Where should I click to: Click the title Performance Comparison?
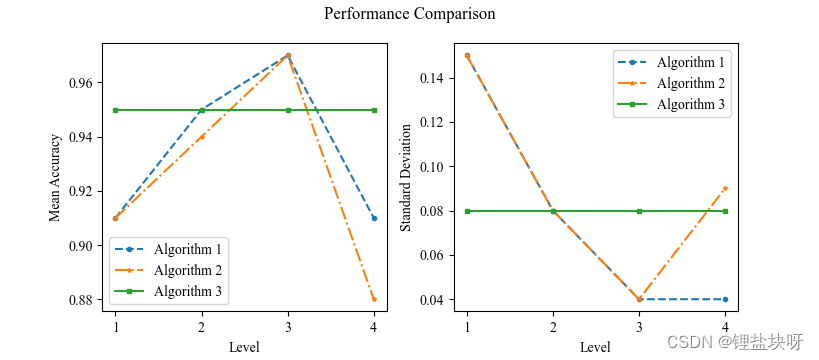409,15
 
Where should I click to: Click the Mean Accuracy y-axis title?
55,177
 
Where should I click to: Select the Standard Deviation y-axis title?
406,177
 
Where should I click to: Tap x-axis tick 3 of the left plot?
288,327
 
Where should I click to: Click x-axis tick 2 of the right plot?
553,327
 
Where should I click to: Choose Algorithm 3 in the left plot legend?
188,292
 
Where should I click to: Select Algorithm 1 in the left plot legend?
188,249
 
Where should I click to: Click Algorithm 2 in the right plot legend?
691,82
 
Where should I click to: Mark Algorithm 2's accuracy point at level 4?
374,299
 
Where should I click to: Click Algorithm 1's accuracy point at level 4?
374,218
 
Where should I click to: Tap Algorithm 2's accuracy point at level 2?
202,137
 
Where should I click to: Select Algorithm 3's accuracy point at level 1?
116,110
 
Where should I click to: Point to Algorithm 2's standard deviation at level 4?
725,188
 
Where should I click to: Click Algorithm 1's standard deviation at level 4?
725,299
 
